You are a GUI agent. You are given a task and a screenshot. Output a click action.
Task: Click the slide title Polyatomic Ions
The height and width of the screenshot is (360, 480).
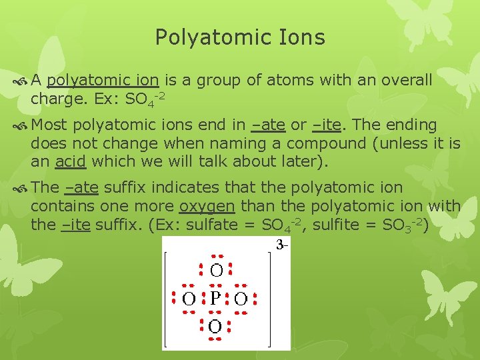pyautogui.click(x=240, y=37)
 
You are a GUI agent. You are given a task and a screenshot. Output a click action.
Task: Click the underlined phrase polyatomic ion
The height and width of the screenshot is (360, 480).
pyautogui.click(x=103, y=81)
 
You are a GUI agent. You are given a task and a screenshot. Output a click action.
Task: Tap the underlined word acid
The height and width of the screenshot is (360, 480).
pyautogui.click(x=71, y=161)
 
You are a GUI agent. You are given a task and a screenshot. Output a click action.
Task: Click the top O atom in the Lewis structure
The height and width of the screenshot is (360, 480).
pyautogui.click(x=216, y=270)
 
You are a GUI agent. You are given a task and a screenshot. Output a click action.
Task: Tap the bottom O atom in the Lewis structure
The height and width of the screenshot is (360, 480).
pyautogui.click(x=215, y=327)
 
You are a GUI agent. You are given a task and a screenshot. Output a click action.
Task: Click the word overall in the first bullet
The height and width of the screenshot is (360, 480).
pyautogui.click(x=408, y=81)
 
